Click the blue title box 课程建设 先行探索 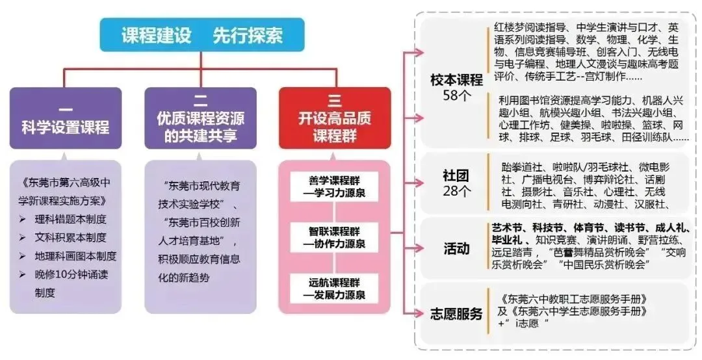(201, 35)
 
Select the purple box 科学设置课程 (66, 119)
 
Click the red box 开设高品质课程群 (334, 119)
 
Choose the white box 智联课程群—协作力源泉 (334, 237)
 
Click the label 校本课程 (456, 80)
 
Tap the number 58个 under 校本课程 (456, 96)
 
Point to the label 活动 (456, 248)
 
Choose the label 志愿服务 (456, 314)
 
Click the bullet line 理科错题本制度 (70, 219)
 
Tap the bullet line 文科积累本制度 (70, 237)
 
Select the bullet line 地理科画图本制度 (75, 255)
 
